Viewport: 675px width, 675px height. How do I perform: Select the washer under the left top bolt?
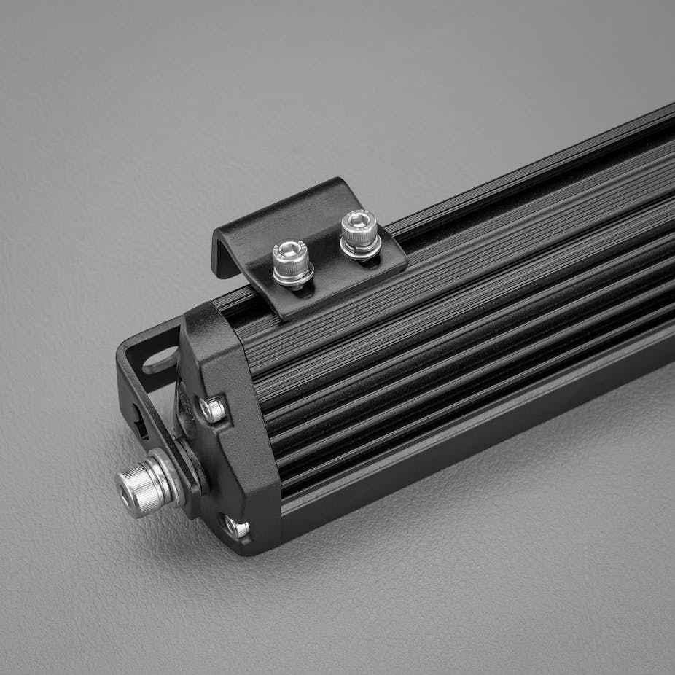coord(294,276)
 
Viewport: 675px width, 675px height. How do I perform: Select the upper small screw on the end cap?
coord(213,410)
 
